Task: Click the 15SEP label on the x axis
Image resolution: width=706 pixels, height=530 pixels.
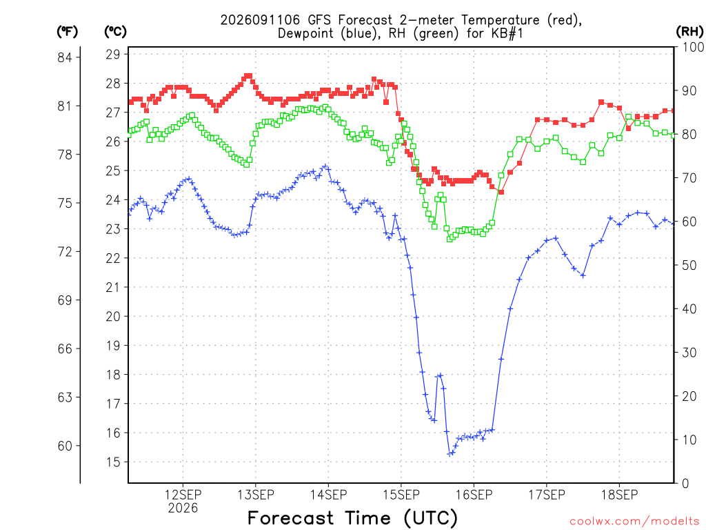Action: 401,495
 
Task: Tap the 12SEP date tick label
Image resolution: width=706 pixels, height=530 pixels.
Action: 183,495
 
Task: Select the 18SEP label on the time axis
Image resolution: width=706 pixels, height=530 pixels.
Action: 620,495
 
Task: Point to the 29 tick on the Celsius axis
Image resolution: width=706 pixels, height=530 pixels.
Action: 113,55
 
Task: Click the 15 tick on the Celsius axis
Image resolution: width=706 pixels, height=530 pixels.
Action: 113,462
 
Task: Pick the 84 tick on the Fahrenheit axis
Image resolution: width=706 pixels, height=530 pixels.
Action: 65,57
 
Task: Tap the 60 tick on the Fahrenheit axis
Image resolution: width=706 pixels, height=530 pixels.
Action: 65,446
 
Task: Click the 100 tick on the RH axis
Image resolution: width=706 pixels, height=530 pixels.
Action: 693,47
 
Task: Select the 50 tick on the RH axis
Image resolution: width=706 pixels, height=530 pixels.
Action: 689,265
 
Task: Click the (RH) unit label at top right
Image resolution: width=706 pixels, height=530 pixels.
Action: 689,31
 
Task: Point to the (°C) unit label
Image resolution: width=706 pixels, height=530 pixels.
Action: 115,31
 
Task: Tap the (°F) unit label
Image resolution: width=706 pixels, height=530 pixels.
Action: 67,31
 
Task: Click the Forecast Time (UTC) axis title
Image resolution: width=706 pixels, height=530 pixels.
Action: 352,518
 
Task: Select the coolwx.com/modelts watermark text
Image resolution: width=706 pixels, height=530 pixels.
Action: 634,522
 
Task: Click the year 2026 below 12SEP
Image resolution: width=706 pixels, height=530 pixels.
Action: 183,509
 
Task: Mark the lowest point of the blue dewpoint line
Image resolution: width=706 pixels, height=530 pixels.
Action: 450,454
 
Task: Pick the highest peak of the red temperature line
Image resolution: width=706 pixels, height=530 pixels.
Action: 248,76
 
